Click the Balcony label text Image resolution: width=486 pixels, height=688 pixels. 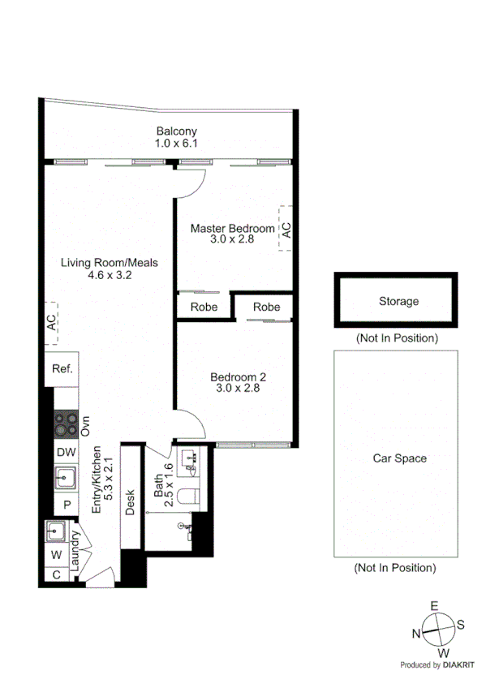[x=176, y=131]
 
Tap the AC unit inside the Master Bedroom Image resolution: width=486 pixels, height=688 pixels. [x=286, y=229]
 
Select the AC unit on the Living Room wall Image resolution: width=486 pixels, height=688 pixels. [x=51, y=323]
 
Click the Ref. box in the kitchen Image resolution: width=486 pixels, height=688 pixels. [x=62, y=369]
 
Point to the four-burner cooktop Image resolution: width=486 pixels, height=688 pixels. [x=65, y=424]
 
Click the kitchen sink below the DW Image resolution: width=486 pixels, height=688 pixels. [x=64, y=478]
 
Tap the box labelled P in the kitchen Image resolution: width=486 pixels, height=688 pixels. [x=65, y=505]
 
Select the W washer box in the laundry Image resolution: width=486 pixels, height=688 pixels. [x=56, y=555]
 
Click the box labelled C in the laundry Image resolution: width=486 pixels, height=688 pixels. [x=56, y=574]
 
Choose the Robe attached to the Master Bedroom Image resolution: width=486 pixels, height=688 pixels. [x=204, y=307]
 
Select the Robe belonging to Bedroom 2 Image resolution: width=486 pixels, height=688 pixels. [x=266, y=307]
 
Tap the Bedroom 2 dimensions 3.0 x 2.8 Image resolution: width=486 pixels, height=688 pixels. [x=238, y=389]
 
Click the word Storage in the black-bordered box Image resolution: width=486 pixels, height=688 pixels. [x=398, y=301]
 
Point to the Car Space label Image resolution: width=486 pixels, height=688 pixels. [x=399, y=458]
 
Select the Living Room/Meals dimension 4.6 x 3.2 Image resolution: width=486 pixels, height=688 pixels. [x=110, y=275]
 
